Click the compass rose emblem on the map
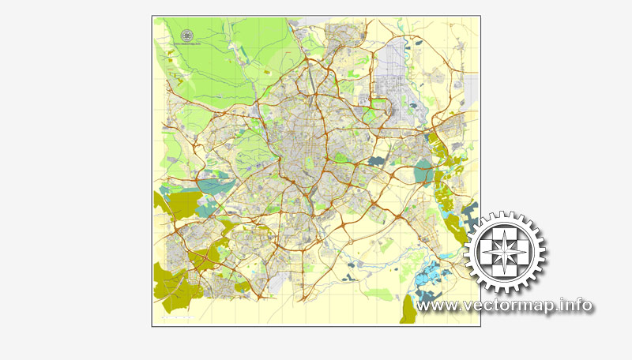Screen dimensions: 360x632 point(187,36)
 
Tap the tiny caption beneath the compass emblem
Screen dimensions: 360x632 point(187,44)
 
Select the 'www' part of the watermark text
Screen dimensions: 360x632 point(438,305)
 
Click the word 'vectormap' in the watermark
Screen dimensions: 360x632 point(513,305)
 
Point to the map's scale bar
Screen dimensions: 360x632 point(176,318)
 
